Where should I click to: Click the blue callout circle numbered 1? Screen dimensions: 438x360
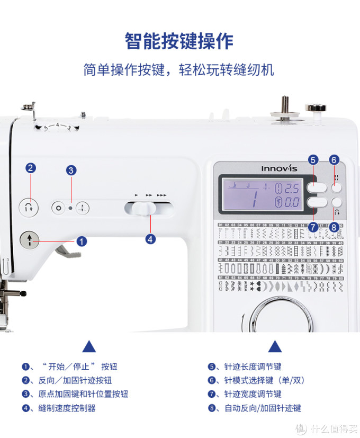point(82,241)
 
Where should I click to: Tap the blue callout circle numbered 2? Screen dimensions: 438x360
point(31,168)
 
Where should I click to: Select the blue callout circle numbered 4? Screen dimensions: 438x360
point(150,239)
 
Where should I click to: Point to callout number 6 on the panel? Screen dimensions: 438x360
point(334,159)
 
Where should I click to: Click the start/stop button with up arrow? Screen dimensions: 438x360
point(30,240)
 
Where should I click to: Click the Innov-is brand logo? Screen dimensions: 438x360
point(277,168)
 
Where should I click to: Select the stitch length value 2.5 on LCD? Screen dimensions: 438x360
point(292,188)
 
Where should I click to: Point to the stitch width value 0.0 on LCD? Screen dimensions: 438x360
point(292,201)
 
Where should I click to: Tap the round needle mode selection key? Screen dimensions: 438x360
point(336,187)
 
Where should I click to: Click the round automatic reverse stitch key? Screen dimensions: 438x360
point(336,201)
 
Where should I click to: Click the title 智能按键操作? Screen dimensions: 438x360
point(179,41)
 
